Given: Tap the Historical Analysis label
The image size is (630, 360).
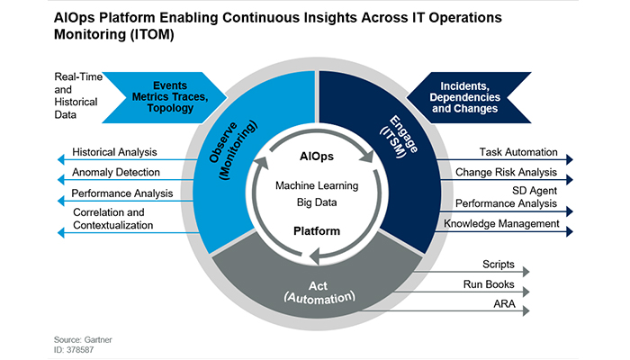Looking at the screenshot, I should pyautogui.click(x=114, y=152).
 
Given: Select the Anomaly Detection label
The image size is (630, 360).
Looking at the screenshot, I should pyautogui.click(x=116, y=171).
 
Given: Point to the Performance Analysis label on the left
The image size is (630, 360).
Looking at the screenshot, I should pyautogui.click(x=119, y=193).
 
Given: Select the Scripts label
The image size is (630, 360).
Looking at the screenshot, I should pyautogui.click(x=498, y=265).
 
